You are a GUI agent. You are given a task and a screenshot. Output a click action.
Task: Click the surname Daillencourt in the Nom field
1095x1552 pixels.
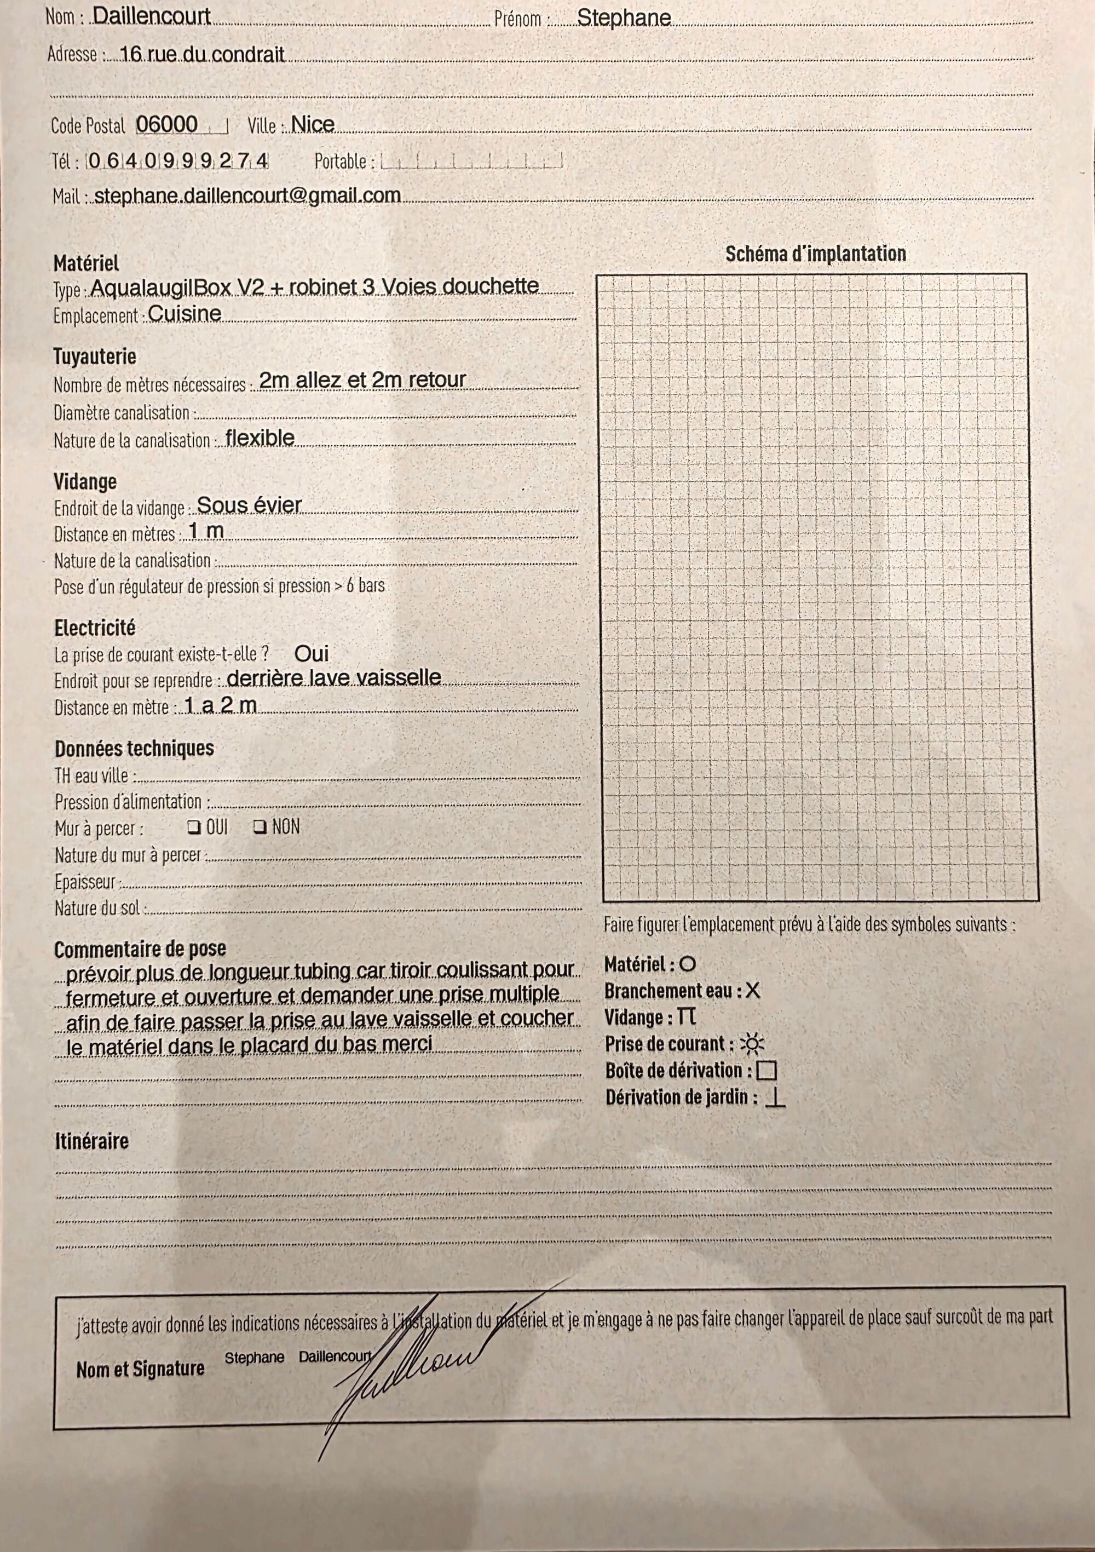coord(152,16)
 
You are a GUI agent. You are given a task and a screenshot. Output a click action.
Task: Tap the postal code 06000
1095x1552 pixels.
coord(167,124)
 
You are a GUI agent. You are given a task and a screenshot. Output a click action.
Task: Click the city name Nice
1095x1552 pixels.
coord(312,124)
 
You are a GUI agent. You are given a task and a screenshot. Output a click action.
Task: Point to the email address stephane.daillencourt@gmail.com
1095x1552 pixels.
coord(247,196)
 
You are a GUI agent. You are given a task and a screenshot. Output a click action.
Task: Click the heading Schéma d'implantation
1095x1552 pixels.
coord(815,254)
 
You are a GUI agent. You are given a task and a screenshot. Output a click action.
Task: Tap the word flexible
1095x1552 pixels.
coord(260,438)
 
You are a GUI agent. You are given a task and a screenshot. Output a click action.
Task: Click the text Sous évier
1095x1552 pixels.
coord(249,505)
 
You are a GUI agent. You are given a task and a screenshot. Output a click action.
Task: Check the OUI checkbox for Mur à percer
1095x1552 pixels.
coord(194,827)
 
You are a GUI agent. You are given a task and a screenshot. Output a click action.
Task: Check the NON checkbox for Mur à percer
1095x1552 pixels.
coord(260,827)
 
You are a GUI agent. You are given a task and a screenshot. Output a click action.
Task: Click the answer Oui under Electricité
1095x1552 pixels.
coord(312,654)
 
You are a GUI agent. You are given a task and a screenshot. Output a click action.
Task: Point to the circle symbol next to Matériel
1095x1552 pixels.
coord(688,964)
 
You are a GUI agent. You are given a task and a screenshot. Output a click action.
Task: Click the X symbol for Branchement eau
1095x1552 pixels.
coord(752,991)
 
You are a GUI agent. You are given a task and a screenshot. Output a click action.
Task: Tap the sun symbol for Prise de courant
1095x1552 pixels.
coord(752,1044)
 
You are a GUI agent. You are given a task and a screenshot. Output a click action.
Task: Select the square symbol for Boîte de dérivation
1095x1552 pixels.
coord(766,1071)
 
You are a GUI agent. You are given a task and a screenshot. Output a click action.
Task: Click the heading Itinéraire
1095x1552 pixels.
coord(91,1142)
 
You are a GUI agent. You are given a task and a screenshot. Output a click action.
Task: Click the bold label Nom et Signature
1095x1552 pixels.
coord(140,1370)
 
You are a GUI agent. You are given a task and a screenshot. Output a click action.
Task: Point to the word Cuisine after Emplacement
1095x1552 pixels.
coord(185,314)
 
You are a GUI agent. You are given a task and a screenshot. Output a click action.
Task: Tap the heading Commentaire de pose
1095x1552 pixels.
coord(140,950)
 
